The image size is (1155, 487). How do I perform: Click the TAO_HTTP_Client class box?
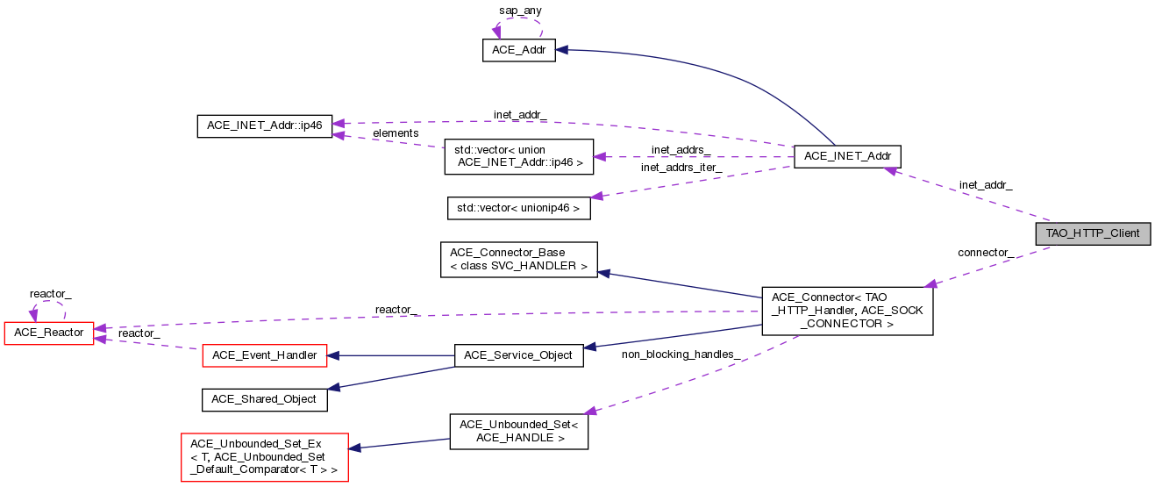pos(1092,233)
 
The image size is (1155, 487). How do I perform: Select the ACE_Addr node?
pos(519,51)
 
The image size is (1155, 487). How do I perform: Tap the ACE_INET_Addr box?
pos(847,157)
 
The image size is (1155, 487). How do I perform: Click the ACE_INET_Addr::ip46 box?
pos(264,125)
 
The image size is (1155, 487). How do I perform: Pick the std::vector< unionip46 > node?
pos(519,209)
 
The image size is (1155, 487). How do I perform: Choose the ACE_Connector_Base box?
pos(518,260)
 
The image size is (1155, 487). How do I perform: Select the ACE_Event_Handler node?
pos(265,355)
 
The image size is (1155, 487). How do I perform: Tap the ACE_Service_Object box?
pos(518,355)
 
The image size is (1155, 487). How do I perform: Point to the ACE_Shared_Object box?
pos(265,399)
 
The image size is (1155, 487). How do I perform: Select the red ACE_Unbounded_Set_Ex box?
pos(264,456)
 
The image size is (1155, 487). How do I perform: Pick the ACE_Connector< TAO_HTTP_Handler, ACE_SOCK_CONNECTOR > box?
pos(847,310)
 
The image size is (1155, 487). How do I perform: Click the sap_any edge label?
pos(521,11)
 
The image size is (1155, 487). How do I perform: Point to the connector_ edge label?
pos(986,253)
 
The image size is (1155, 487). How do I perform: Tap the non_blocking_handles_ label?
pos(681,354)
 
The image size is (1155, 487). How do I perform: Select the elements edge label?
pos(396,133)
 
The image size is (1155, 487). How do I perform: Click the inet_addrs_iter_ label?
pos(681,168)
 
